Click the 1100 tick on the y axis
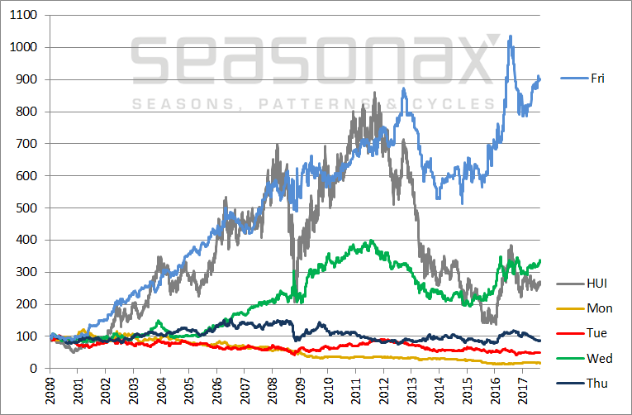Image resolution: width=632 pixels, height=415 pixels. (26, 16)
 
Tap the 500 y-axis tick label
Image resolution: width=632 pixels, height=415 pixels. (29, 208)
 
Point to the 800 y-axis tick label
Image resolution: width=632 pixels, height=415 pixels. (29, 112)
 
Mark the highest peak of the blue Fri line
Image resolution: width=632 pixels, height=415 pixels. (511, 36)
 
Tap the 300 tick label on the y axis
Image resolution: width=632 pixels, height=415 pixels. (29, 272)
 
